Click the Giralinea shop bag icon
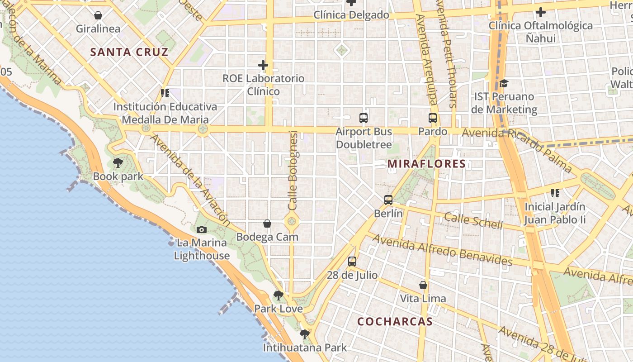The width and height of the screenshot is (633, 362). point(98,15)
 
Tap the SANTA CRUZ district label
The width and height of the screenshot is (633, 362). point(129,52)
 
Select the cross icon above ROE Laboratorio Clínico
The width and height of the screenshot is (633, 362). point(263,65)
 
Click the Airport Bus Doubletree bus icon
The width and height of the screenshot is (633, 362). point(364,118)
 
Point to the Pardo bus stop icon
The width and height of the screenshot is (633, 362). point(433,118)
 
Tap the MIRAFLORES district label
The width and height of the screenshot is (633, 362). point(427,164)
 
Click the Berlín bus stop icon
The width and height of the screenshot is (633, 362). point(388,200)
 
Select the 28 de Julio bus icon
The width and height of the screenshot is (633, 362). point(352,261)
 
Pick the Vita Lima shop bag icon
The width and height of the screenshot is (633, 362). point(423,285)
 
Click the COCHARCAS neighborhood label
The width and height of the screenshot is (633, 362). point(395,322)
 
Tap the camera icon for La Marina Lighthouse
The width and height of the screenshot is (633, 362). point(202,229)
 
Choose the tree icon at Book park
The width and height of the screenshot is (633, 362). point(118,163)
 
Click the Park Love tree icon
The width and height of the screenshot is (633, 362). point(279,295)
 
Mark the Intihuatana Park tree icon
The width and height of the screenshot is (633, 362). point(305,334)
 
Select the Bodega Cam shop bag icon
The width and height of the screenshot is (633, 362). point(267,224)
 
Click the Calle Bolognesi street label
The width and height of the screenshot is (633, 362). point(293,170)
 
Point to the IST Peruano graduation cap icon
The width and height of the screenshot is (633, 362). point(504,83)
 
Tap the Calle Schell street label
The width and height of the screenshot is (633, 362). point(473,220)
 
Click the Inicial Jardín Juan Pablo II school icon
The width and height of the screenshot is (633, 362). point(555,193)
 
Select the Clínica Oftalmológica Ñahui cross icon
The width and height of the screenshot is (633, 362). point(540,12)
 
